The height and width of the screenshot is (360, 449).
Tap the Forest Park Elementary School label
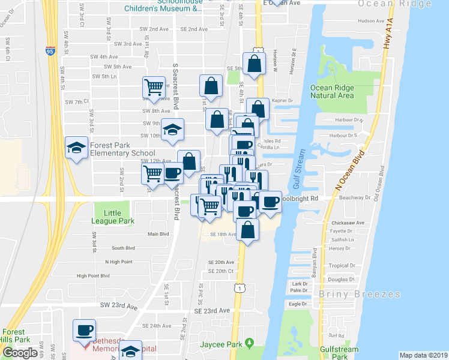122,149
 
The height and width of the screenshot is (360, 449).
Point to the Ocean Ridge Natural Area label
332,91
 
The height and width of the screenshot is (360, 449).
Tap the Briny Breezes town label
360,294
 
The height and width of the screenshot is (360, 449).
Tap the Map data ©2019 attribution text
423,355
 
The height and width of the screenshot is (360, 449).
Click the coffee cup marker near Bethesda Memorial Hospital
83,329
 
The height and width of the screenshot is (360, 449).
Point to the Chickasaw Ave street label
348,223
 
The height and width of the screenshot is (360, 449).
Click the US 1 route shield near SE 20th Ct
240,289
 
